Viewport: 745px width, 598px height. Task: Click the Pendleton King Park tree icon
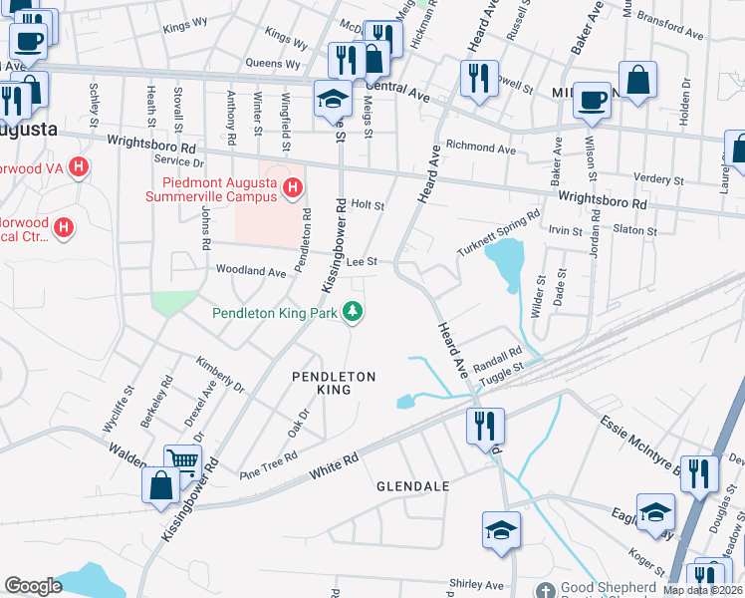(352, 313)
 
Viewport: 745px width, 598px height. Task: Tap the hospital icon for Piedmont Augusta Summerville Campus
(292, 187)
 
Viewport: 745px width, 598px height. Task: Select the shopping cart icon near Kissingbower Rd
(182, 460)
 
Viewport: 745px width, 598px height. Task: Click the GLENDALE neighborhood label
(412, 486)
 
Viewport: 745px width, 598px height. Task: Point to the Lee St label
(362, 261)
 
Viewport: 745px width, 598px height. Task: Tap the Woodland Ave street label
(251, 271)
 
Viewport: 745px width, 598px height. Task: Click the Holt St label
(368, 204)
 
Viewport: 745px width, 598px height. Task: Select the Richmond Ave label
(480, 149)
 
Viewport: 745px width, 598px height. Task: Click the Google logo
(34, 586)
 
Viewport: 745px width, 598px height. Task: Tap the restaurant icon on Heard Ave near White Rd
(485, 425)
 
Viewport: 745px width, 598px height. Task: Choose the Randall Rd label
(498, 356)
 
